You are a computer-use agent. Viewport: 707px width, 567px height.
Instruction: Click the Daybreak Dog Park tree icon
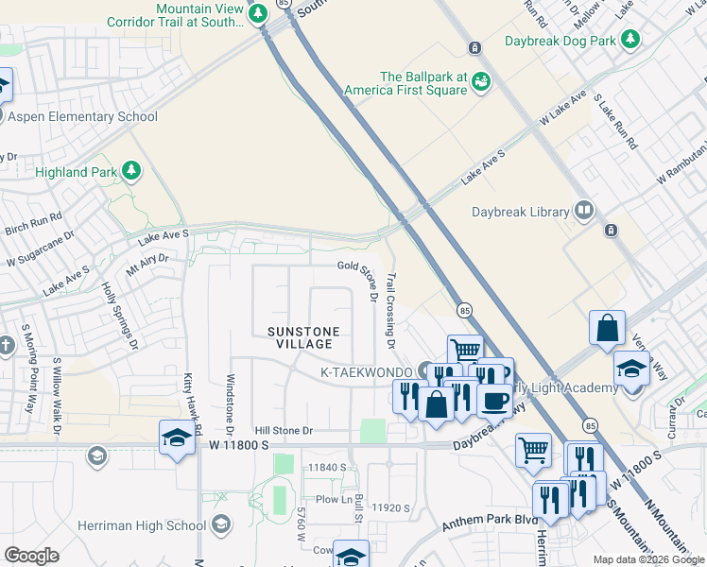(x=630, y=41)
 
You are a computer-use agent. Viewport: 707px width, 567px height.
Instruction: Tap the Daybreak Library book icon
(x=585, y=212)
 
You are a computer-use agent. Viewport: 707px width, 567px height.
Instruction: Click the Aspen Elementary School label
(x=82, y=116)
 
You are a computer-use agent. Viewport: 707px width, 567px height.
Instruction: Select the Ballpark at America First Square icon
(x=481, y=82)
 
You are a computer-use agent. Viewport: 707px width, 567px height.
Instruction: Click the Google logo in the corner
(x=30, y=556)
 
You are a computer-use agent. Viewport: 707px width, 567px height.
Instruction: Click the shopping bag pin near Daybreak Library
(x=607, y=329)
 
